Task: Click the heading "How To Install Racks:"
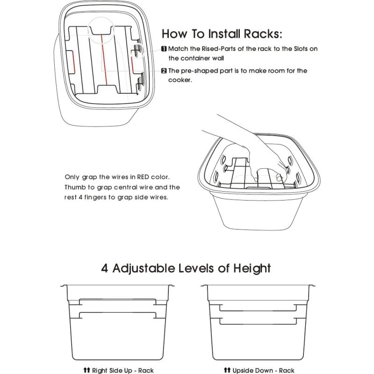pos(222,34)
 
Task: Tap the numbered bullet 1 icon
pos(164,49)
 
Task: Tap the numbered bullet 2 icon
pos(164,71)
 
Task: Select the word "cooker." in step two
pos(180,80)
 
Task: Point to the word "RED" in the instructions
pos(143,177)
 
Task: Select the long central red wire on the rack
pos(105,60)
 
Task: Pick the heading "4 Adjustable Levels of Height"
pos(186,268)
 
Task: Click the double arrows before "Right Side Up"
pos(86,370)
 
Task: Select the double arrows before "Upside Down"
pos(227,370)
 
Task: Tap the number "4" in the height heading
pos(104,268)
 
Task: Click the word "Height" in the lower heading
pos(252,268)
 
